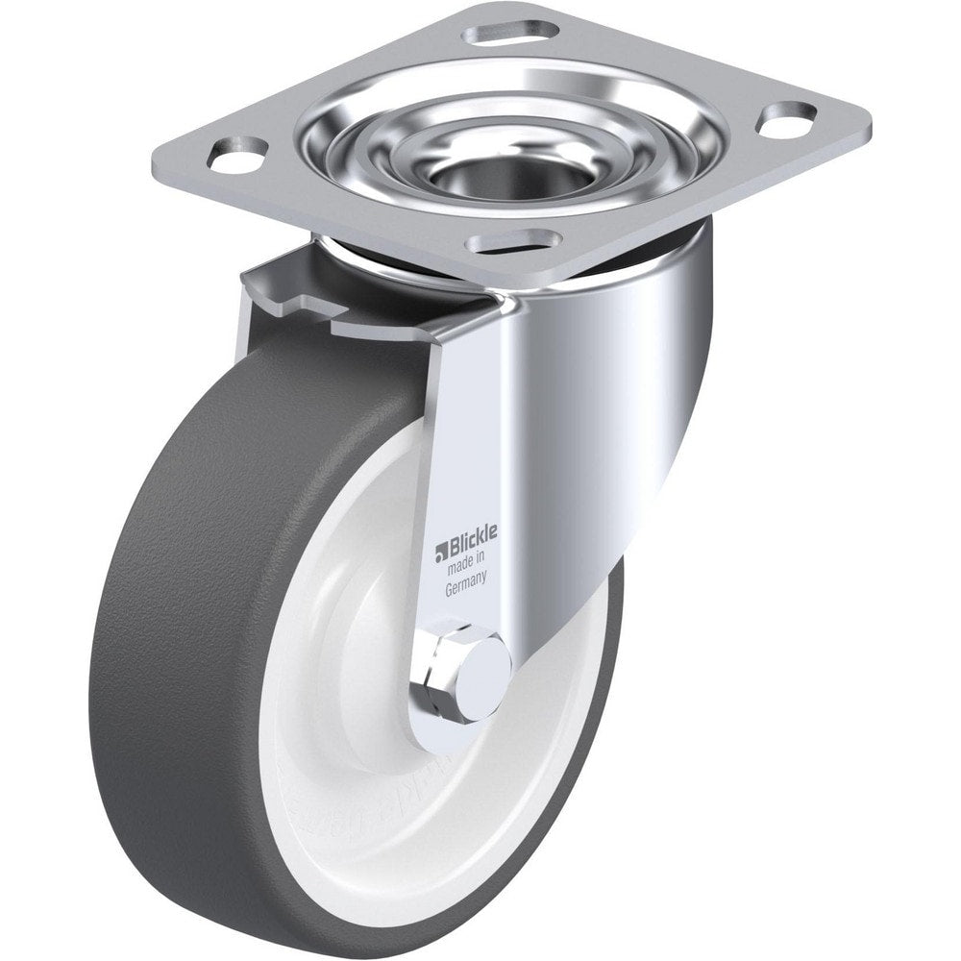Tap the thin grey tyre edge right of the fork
(x=605, y=673)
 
